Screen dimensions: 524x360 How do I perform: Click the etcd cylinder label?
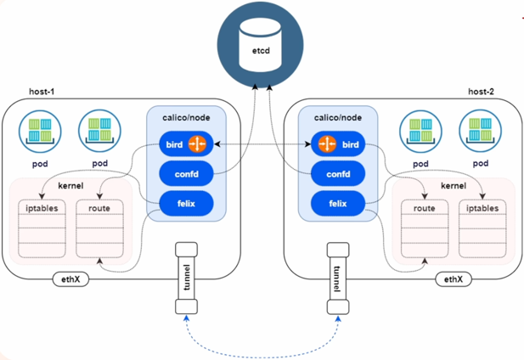point(261,51)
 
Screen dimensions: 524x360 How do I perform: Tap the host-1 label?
point(42,92)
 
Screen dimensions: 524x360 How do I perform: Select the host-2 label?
point(481,92)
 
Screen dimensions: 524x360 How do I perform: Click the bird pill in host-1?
point(186,144)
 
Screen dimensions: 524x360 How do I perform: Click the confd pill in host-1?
point(186,174)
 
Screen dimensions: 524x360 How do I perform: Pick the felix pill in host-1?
point(186,204)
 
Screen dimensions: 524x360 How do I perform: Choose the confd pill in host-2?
point(338,174)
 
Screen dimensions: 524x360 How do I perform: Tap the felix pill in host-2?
point(338,204)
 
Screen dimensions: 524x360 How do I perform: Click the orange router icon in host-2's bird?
point(327,144)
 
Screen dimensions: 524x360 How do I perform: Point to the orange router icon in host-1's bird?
point(197,144)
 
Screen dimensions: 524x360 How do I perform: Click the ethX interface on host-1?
point(70,279)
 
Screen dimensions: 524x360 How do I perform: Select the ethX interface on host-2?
point(454,279)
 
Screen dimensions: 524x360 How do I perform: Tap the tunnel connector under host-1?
point(187,278)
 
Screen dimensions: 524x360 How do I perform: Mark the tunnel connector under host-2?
point(338,278)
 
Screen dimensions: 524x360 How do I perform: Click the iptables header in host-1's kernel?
point(42,208)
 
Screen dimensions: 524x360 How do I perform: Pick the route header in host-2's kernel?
point(425,208)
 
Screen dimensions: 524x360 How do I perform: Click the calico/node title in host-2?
point(338,117)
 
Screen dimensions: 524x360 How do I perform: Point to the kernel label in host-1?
point(70,186)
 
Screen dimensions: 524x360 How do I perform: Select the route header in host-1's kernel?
point(99,208)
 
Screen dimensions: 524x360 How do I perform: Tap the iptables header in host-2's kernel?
point(482,208)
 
